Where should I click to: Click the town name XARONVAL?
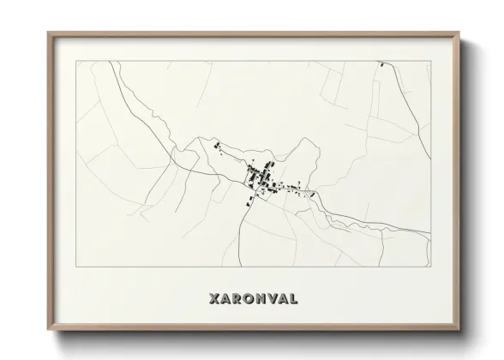pos(252,299)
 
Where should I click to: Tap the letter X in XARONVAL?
pos(213,299)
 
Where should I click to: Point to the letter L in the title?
pos(294,299)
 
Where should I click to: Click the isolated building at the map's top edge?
pos(380,64)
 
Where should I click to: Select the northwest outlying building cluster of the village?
pos(215,147)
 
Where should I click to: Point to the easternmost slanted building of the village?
pos(314,195)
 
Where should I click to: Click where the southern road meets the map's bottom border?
pos(229,268)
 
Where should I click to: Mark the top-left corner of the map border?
pos(76,62)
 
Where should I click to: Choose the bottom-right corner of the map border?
pos(429,268)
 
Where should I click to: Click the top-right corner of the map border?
pos(429,62)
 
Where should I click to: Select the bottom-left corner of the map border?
pos(76,268)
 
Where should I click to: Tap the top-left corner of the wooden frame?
pos(48,33)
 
